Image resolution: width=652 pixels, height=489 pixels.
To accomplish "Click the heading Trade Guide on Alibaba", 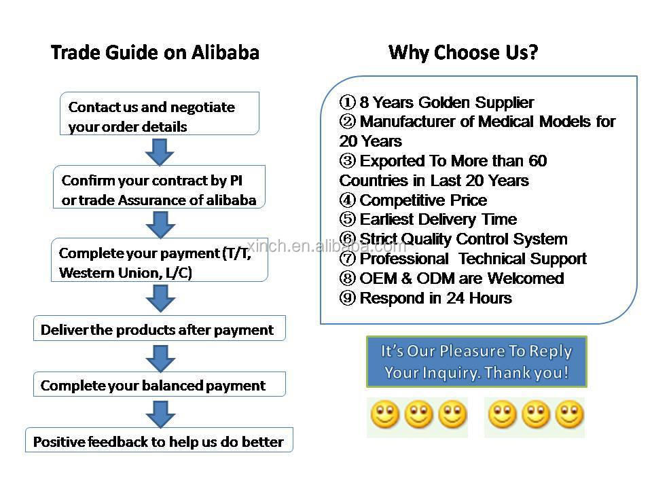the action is [x=155, y=53].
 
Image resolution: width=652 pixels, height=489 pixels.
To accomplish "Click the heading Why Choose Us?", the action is [x=463, y=53].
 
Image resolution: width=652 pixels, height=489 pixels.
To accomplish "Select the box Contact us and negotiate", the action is [x=160, y=113].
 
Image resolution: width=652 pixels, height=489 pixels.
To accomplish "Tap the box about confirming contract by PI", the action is [x=159, y=187].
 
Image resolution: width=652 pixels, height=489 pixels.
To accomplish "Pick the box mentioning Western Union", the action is [x=159, y=260].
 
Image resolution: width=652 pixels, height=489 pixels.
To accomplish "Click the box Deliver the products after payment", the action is [x=159, y=328].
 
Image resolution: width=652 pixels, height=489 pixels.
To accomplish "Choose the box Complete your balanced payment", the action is [x=159, y=384].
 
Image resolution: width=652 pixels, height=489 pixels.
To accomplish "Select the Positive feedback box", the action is [x=159, y=439].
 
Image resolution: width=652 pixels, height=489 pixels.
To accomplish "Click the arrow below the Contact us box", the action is [x=160, y=151].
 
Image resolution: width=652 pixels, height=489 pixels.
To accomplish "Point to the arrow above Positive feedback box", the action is [x=160, y=414].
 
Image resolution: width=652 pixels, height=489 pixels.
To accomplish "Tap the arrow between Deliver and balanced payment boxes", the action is [x=160, y=359].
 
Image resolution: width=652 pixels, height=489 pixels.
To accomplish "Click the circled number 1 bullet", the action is [x=348, y=102].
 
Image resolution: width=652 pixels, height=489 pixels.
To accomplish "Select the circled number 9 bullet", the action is [x=348, y=297].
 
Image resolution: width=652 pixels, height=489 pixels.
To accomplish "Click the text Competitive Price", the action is [x=423, y=200].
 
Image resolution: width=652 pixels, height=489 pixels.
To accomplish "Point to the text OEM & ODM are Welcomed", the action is [x=462, y=278].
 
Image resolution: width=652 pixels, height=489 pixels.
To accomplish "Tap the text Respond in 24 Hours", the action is [x=436, y=297].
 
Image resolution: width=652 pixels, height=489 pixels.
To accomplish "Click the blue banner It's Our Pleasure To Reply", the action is [x=477, y=362].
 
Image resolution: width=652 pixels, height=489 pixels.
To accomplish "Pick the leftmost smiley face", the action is [x=385, y=414].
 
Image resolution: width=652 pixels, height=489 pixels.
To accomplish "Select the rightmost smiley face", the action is [x=570, y=414].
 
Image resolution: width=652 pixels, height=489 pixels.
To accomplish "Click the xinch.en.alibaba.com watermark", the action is [x=327, y=246].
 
